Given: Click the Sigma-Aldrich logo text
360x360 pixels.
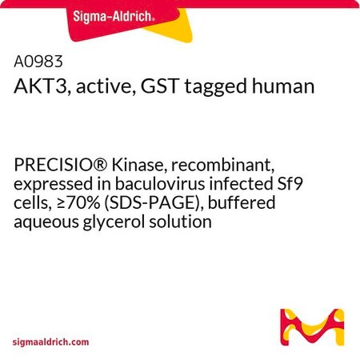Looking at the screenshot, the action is (x=114, y=17).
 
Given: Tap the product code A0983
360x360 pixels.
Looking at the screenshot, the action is (x=38, y=62).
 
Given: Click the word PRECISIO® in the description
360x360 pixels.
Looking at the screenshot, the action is (x=61, y=166).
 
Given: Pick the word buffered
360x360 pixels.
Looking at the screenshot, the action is (x=242, y=202).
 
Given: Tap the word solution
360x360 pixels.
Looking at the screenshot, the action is (x=180, y=222).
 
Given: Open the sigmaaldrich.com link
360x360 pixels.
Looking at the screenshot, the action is (x=50, y=342).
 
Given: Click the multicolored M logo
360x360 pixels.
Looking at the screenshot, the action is (x=312, y=327).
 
